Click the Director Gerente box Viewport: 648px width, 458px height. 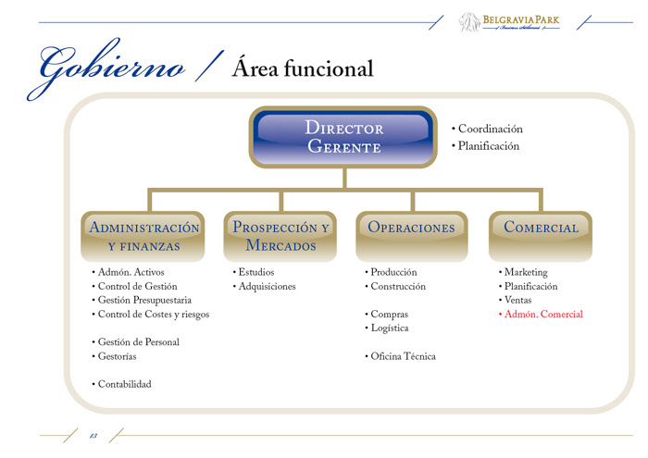(x=343, y=137)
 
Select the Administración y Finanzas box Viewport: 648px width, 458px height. (x=143, y=236)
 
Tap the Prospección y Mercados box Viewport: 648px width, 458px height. (x=280, y=236)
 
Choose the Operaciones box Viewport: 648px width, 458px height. (x=412, y=228)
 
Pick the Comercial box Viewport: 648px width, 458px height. (x=542, y=228)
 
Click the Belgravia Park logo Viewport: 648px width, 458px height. (x=509, y=22)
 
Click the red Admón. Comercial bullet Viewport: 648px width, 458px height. (x=543, y=315)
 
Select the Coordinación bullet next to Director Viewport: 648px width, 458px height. (x=490, y=130)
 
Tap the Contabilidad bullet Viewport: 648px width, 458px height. (x=124, y=384)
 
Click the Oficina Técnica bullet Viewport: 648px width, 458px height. (x=403, y=356)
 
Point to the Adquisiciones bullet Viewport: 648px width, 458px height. (x=267, y=287)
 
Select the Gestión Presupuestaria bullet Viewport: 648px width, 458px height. (x=144, y=301)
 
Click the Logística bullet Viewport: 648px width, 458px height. (x=389, y=328)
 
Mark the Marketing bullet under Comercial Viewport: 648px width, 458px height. (x=525, y=273)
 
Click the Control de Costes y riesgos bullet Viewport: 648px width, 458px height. (x=153, y=315)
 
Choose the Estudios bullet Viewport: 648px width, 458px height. (x=255, y=273)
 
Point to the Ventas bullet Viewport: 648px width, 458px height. (x=517, y=301)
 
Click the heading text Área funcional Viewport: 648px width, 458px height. (x=303, y=68)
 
